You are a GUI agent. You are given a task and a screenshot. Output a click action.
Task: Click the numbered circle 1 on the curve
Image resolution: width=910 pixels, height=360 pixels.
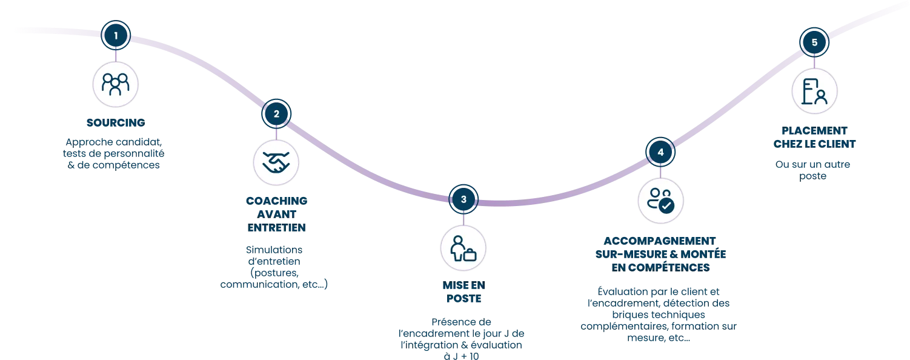point(116,36)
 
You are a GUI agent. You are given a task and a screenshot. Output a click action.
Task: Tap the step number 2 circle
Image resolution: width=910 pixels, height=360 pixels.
point(277,113)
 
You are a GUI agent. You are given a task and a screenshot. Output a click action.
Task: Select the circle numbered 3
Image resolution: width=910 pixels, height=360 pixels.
point(463,199)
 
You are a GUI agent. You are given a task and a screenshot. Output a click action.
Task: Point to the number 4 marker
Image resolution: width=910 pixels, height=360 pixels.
point(660,152)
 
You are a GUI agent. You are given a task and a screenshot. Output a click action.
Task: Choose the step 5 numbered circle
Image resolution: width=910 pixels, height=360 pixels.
point(814,42)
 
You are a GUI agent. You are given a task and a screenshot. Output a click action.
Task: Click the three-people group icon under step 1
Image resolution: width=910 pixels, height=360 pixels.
point(116,84)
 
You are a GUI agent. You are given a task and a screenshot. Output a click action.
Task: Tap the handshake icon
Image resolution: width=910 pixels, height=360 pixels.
point(276,162)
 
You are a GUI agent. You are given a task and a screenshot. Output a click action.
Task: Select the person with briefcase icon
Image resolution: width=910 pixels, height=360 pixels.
point(463,247)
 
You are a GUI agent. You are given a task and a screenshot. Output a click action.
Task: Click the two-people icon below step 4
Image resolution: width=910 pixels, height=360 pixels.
point(660,201)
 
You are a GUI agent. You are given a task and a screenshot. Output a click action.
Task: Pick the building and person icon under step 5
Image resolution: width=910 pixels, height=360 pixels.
point(814,91)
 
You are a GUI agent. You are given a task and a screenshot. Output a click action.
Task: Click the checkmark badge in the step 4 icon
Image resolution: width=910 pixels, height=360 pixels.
point(666,206)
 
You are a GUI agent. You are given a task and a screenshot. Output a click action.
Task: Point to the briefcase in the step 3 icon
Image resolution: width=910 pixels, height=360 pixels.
point(470,255)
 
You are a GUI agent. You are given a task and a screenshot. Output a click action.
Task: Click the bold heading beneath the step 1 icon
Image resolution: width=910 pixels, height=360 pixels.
point(116,124)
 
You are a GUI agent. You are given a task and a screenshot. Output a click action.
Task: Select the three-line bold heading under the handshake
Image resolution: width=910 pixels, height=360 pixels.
point(276,214)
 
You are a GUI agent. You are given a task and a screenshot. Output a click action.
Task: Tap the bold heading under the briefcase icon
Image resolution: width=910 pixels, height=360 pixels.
point(463,292)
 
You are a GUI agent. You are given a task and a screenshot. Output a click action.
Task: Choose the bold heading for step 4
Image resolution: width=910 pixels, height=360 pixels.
point(660,252)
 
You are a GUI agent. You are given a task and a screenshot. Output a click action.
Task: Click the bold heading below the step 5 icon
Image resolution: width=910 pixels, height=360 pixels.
point(814,137)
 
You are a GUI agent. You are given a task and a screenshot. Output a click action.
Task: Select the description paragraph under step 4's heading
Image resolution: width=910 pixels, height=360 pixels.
point(660,313)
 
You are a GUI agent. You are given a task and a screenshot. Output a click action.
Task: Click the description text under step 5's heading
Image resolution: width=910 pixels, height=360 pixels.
point(814,168)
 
